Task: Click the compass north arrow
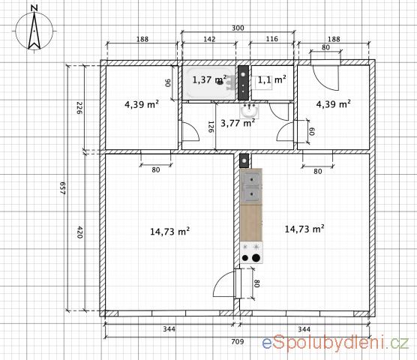pyautogui.click(x=34, y=31)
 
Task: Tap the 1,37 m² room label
pyautogui.click(x=209, y=79)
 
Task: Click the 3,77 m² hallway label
pyautogui.click(x=238, y=123)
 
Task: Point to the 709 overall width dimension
pyautogui.click(x=238, y=341)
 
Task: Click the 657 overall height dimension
pyautogui.click(x=63, y=188)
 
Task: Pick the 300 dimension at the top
pyautogui.click(x=238, y=28)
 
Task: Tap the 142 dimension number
pyautogui.click(x=209, y=39)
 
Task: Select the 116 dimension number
pyautogui.click(x=271, y=39)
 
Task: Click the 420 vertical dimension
pyautogui.click(x=79, y=232)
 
